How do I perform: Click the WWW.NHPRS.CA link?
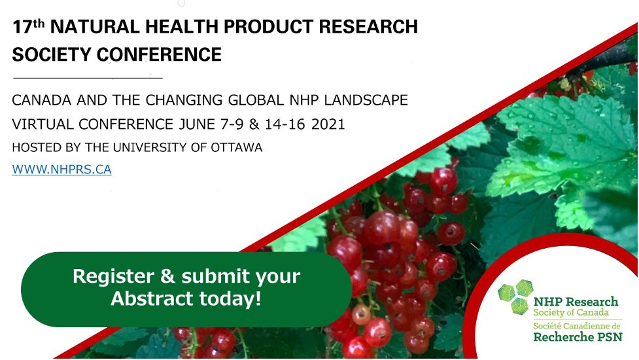(61, 170)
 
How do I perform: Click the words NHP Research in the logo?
(576, 302)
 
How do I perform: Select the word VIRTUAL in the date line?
(39, 124)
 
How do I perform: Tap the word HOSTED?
(33, 148)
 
